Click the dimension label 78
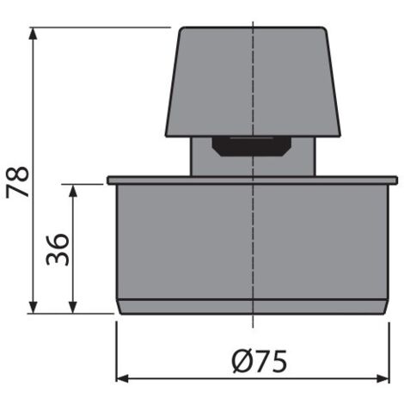[x=18, y=182]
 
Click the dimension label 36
[x=58, y=249]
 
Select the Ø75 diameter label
[x=260, y=361]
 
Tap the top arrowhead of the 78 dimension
[x=34, y=34]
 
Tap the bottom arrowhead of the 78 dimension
[x=34, y=307]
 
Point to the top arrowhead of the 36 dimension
[x=73, y=191]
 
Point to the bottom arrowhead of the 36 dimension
[x=73, y=307]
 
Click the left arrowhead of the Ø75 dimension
[x=122, y=378]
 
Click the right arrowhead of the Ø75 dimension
[x=383, y=378]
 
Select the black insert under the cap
[x=252, y=146]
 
